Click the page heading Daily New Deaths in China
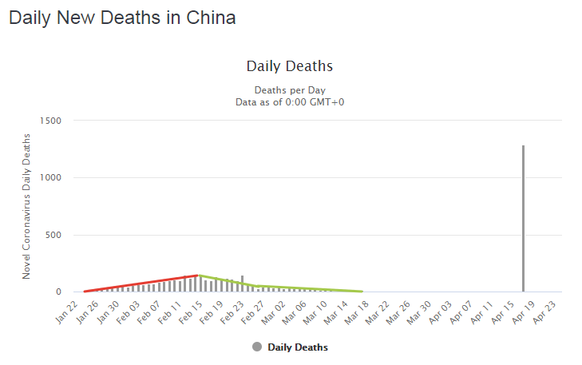[x=122, y=18]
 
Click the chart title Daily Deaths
[x=289, y=65]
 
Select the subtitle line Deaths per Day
[x=290, y=89]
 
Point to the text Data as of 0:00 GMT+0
[x=290, y=101]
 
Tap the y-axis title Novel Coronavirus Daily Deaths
[x=27, y=206]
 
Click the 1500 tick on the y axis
[x=51, y=121]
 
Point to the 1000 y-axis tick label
[x=51, y=177]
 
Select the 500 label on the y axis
[x=53, y=235]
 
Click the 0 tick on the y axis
[x=58, y=292]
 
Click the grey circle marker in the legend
[x=257, y=347]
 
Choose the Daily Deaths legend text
[x=298, y=347]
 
